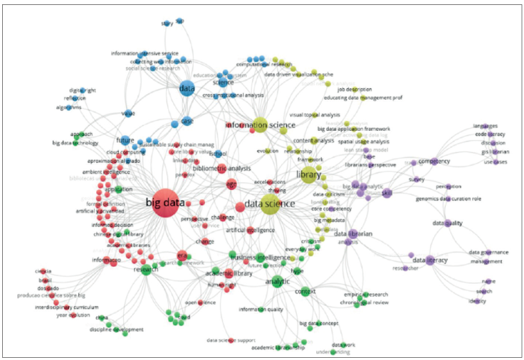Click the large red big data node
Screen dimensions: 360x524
165,201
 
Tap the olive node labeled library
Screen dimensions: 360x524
310,175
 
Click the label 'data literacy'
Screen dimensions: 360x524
431,260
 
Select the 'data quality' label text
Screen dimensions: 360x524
447,223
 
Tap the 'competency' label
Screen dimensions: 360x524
435,162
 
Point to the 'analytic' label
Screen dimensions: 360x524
277,282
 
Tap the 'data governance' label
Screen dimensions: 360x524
488,252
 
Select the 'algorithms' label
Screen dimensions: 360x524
68,107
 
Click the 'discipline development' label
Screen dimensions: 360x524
118,329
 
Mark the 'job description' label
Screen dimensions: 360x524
355,90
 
